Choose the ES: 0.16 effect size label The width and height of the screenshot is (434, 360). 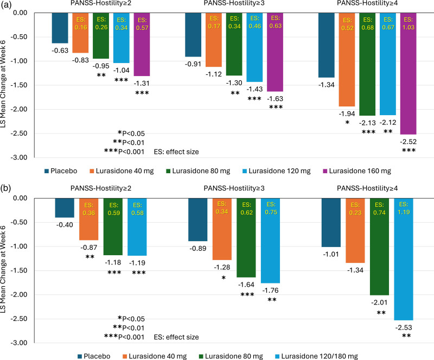[x=80, y=22]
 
